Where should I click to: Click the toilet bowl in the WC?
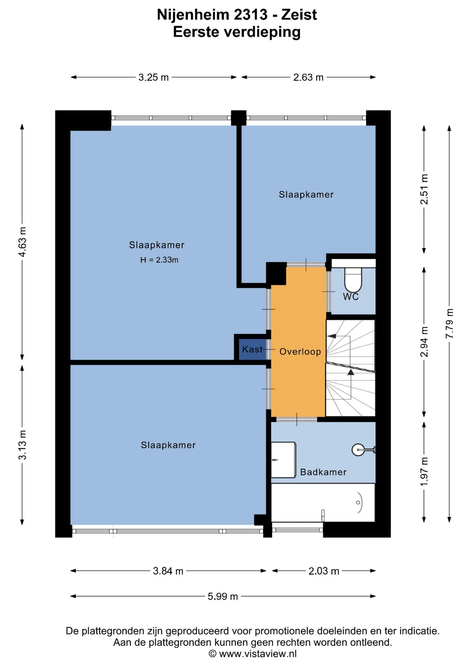pos(353,280)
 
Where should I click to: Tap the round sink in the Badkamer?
pos(358,450)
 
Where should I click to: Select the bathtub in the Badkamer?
pos(323,503)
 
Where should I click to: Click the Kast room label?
pos(252,349)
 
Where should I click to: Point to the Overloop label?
pos(300,352)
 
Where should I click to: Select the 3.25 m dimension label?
pos(154,77)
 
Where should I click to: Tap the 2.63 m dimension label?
pos(308,77)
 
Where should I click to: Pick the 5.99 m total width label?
pos(223,596)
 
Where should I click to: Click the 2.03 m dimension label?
pos(324,571)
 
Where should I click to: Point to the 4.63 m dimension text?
pos(22,242)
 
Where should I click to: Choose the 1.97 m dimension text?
pos(424,472)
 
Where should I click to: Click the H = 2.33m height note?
pos(159,260)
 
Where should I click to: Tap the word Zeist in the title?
pos(299,15)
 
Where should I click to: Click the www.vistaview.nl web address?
pos(258,654)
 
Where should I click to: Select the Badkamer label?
pos(323,472)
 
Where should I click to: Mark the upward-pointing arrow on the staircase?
pos(351,372)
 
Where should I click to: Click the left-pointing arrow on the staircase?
pos(332,336)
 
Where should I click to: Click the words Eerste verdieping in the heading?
pos(237,32)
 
